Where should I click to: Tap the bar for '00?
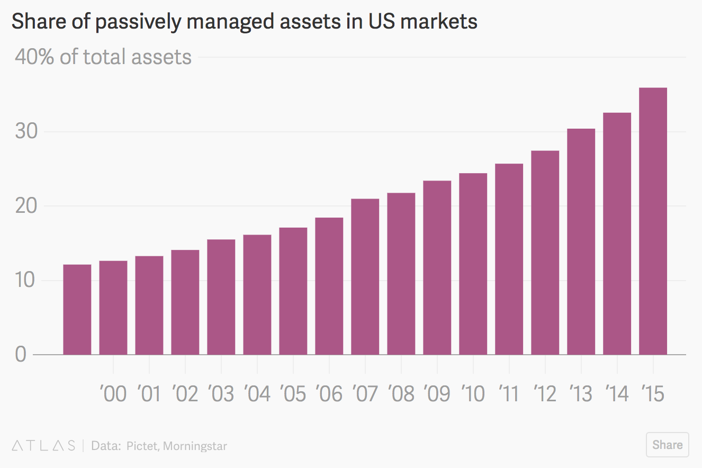pos(113,308)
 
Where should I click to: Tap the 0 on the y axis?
pos(21,354)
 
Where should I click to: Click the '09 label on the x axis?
pos(437,394)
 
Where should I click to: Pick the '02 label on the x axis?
pos(185,394)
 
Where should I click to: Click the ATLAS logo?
pos(43,445)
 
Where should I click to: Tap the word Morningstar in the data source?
pos(195,446)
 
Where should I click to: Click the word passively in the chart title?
pos(142,22)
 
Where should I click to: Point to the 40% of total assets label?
pos(103,57)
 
